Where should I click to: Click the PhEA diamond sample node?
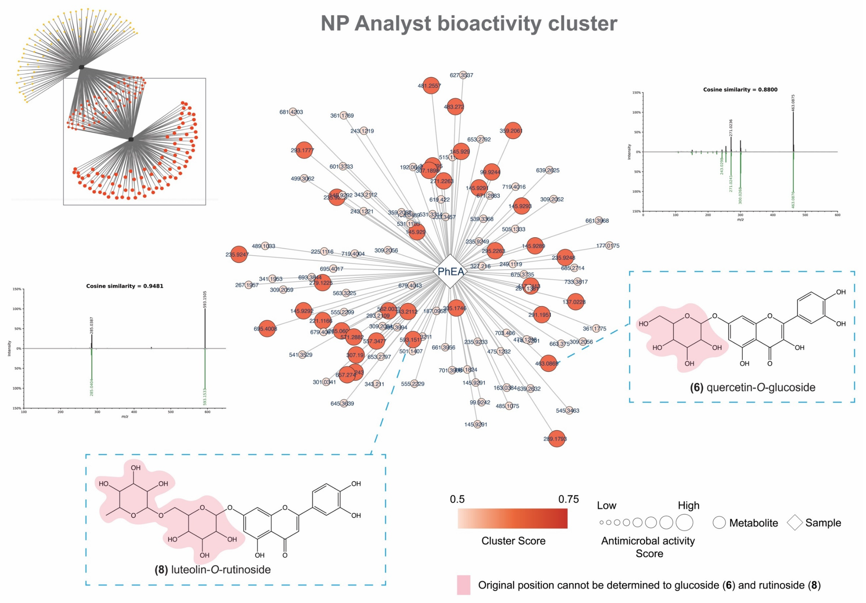pos(450,271)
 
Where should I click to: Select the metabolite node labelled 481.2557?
pos(431,86)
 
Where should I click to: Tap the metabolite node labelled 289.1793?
pos(556,439)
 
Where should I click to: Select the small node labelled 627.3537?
pos(463,75)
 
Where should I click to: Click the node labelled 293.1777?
pos(304,150)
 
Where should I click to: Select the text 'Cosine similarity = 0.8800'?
pos(740,90)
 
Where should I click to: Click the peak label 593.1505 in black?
pos(205,299)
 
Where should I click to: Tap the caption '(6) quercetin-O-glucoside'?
pos(753,387)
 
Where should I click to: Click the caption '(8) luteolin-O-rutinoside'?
pos(213,569)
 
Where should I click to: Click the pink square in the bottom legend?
pos(464,585)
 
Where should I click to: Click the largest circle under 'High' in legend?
pos(684,523)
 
